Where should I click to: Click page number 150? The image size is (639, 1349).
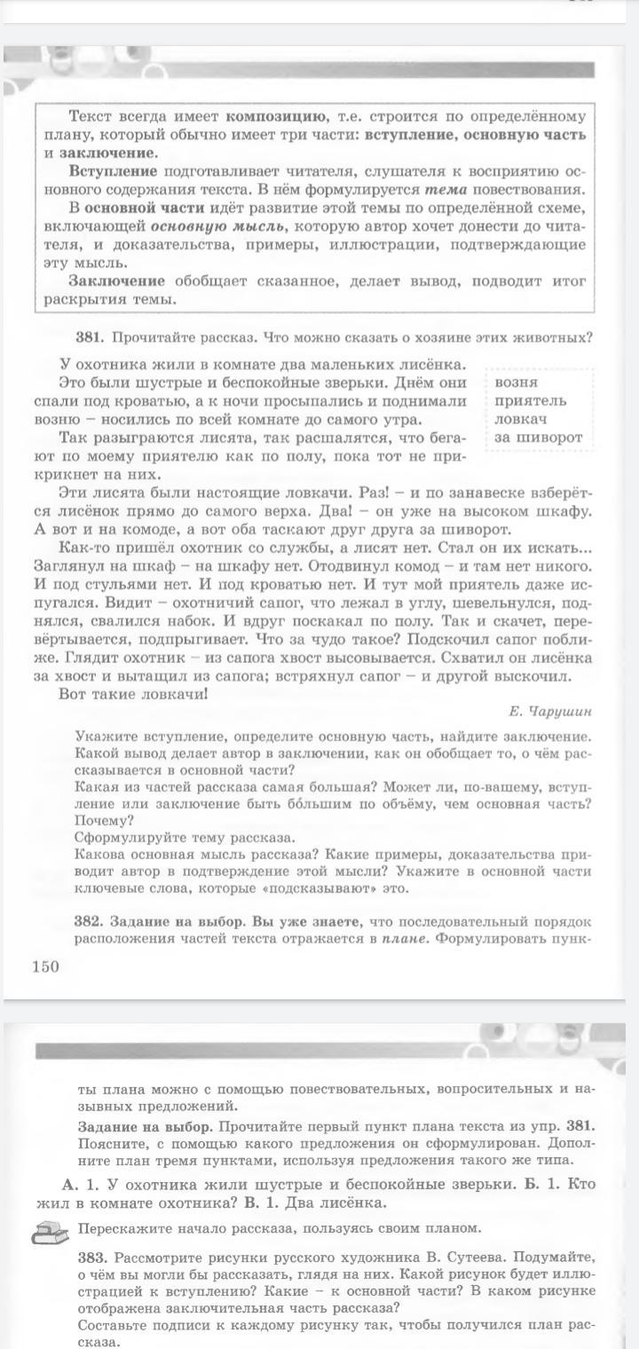coord(45,966)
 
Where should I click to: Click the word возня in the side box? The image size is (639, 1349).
coord(517,383)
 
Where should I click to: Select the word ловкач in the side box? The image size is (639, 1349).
coord(522,419)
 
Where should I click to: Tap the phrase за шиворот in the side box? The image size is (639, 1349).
coord(539,437)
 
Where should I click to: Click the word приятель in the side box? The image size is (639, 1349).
coord(531,400)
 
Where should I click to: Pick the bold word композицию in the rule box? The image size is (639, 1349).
coord(276,116)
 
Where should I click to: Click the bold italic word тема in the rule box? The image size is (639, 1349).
coord(445,189)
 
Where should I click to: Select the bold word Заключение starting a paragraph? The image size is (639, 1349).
coord(119,281)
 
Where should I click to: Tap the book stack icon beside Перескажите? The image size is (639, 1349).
coord(51,1231)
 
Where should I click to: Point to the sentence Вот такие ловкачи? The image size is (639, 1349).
coord(132,693)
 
